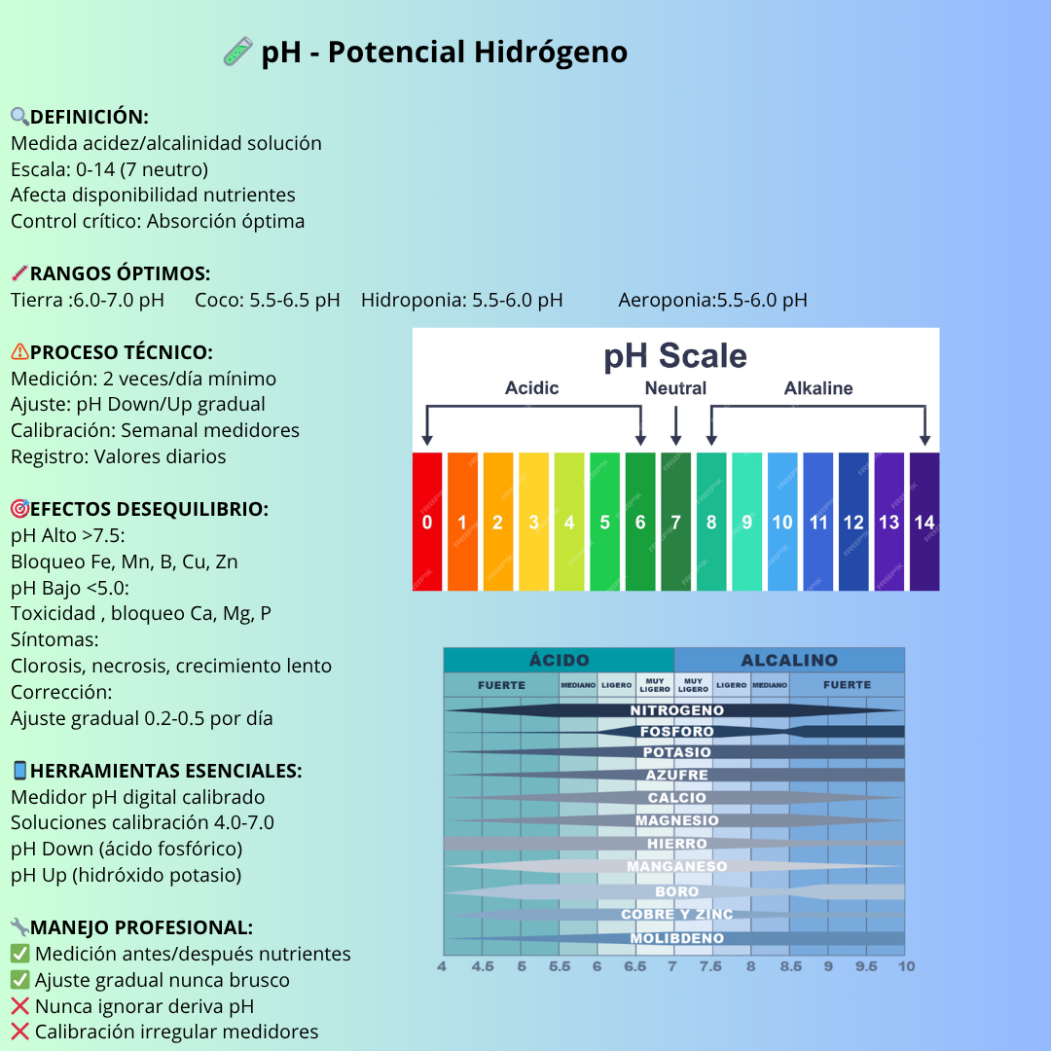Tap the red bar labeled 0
[427, 522]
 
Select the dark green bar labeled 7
[675, 522]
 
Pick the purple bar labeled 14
[924, 522]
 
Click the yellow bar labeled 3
[533, 522]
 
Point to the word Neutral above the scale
[675, 388]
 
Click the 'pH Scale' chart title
[675, 356]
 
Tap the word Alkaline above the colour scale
[818, 388]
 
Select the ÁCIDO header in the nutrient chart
[559, 660]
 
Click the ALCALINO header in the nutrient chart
[789, 660]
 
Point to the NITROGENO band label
[676, 710]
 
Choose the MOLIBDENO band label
[676, 939]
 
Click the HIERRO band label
[676, 844]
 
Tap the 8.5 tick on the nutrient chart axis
[790, 966]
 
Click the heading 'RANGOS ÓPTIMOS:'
[120, 273]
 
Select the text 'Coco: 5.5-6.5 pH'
[268, 300]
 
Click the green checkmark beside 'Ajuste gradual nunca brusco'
[19, 980]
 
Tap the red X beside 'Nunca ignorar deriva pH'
[19, 1006]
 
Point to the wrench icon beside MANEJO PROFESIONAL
[19, 927]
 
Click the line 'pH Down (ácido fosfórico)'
[127, 849]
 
